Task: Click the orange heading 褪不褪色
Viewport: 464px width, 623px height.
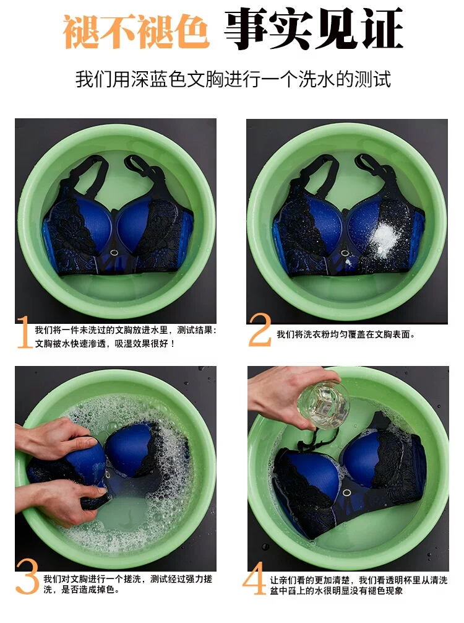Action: [136, 31]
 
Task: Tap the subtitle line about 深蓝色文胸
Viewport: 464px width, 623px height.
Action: [233, 79]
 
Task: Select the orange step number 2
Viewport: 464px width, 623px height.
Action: [260, 330]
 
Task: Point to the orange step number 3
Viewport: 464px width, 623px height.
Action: [27, 577]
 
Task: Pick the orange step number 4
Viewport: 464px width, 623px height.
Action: [254, 578]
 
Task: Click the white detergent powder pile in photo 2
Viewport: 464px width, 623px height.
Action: [384, 238]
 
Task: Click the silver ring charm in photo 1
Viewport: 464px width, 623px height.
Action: [114, 253]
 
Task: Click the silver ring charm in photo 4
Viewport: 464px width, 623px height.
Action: [346, 493]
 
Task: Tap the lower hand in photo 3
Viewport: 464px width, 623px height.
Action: [59, 502]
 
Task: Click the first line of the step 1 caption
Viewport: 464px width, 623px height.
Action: [126, 330]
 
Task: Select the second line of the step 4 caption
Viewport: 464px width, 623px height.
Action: [336, 591]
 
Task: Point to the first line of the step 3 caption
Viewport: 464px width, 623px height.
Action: [128, 579]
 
